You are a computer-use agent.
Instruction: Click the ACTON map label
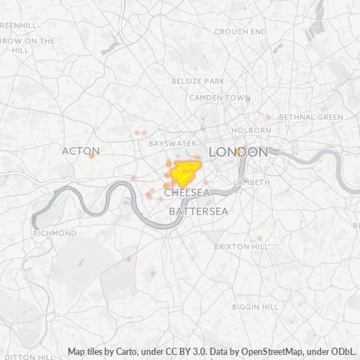click(81, 151)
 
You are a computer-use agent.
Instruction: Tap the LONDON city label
click(238, 152)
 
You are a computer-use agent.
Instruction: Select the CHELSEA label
click(186, 194)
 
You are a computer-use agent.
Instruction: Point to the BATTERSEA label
click(198, 212)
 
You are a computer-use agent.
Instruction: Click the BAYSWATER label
click(172, 144)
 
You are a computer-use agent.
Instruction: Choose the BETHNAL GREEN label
click(311, 117)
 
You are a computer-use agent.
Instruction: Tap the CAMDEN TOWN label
click(220, 98)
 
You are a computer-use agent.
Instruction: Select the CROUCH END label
click(240, 32)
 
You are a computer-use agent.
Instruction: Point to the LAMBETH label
click(252, 183)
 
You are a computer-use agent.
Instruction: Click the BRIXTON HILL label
click(240, 246)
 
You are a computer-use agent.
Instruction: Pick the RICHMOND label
click(55, 234)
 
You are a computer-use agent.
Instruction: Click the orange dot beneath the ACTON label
click(91, 156)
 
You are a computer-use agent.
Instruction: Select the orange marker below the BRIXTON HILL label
click(259, 238)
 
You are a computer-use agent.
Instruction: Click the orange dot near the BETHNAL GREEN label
click(268, 117)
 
